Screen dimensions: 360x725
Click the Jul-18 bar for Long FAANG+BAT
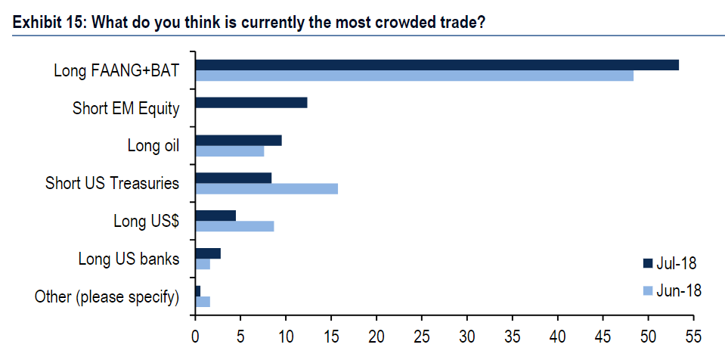pyautogui.click(x=437, y=65)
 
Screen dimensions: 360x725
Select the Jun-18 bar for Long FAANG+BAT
pyautogui.click(x=414, y=76)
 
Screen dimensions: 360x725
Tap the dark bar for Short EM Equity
pyautogui.click(x=251, y=103)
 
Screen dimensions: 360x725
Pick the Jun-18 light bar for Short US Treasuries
pyautogui.click(x=266, y=188)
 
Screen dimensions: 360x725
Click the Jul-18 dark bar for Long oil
pyautogui.click(x=238, y=140)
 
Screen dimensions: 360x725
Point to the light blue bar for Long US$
pyautogui.click(x=234, y=226)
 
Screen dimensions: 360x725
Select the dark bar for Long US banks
pyautogui.click(x=208, y=253)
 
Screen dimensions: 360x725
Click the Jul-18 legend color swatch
pyautogui.click(x=647, y=263)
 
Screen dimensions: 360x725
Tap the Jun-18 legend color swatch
pyautogui.click(x=647, y=290)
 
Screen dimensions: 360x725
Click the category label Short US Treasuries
pyautogui.click(x=112, y=183)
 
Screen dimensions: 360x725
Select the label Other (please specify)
pyautogui.click(x=107, y=296)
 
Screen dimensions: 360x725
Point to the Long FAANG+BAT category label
pyautogui.click(x=116, y=70)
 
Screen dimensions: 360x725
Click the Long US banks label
pyautogui.click(x=129, y=259)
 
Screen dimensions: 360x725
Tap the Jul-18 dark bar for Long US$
pyautogui.click(x=215, y=216)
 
